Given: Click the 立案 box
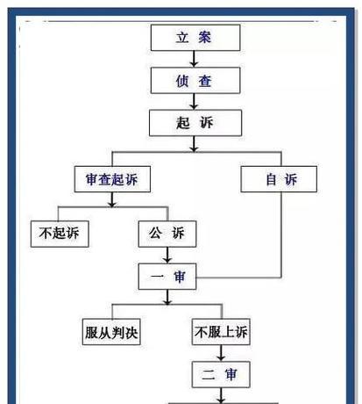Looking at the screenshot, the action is [195, 38].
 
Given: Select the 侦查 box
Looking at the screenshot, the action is [195, 81].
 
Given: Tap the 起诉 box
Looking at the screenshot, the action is [195, 123].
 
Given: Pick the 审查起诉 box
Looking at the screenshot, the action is [112, 179].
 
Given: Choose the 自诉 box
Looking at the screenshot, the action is [279, 179].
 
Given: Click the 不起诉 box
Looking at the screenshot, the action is [60, 234].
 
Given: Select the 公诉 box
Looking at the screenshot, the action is [167, 234].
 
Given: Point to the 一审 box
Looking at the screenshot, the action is [167, 277].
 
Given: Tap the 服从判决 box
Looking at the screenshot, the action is [111, 332].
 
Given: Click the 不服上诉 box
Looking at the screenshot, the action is [221, 332].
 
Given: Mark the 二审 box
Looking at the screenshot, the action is [221, 375].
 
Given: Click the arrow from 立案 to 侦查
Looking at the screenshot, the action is [194, 59].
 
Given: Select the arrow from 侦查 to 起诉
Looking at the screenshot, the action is [194, 102].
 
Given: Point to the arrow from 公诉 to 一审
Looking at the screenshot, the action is [167, 256].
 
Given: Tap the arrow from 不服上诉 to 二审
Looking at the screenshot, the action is [221, 353].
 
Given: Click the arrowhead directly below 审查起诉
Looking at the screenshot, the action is [112, 204].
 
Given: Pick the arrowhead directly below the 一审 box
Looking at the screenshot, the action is [167, 301].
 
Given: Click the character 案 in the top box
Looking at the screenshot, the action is [205, 38].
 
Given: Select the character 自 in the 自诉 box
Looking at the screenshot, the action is [271, 179].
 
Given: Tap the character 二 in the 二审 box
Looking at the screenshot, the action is [209, 375].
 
